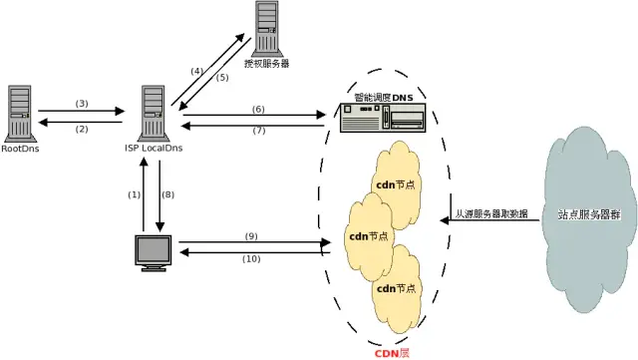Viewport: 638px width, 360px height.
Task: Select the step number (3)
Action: point(83,104)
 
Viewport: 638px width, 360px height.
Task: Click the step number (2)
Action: point(83,129)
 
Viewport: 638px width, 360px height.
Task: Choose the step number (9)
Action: point(250,235)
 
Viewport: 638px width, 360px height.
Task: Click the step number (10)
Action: point(250,259)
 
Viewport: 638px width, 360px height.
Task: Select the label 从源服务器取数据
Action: point(492,214)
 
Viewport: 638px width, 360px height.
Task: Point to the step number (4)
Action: point(197,70)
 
